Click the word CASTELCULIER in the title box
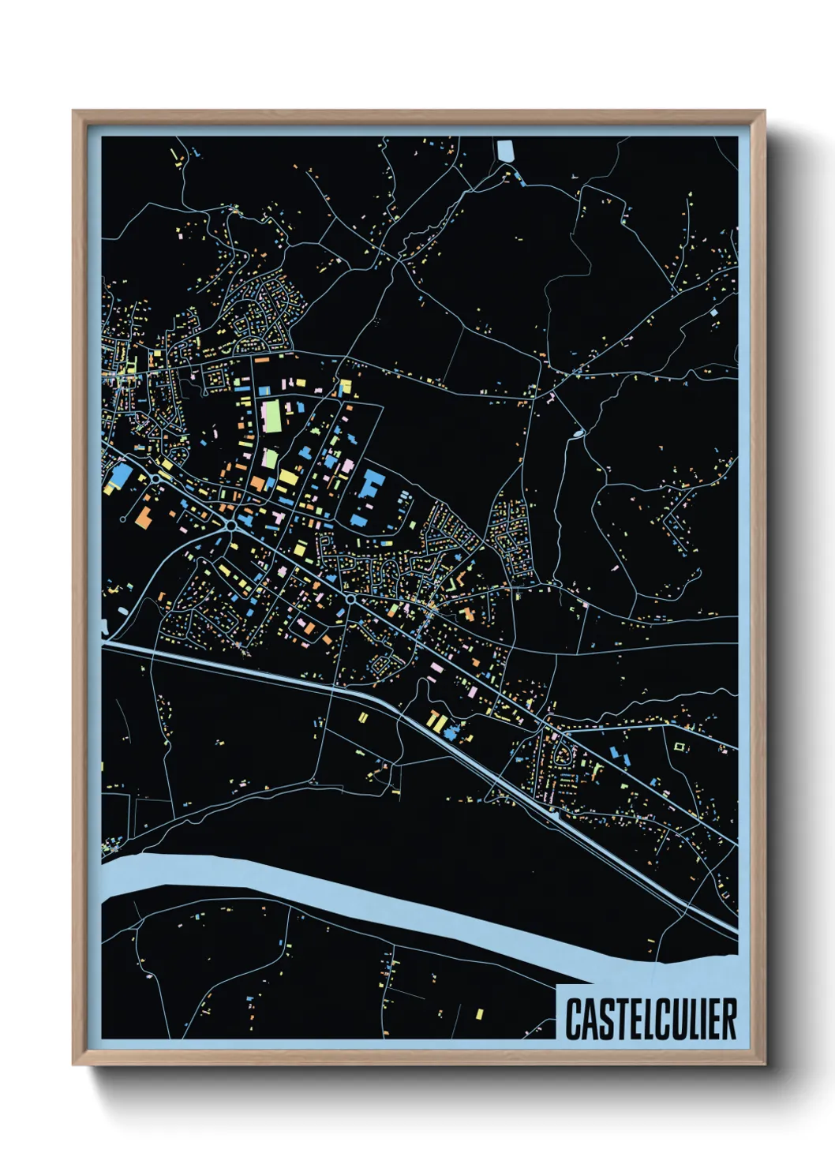point(650,1019)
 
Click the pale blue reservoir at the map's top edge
point(505,150)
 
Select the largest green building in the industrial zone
point(271,416)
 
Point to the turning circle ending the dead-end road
point(123,519)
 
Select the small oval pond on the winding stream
point(579,432)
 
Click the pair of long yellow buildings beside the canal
point(435,719)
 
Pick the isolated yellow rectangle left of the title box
point(479,1013)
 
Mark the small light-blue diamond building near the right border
point(714,313)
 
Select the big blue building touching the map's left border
point(120,476)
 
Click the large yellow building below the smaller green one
point(287,477)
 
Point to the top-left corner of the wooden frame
point(74,112)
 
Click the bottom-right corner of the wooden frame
point(764,1064)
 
